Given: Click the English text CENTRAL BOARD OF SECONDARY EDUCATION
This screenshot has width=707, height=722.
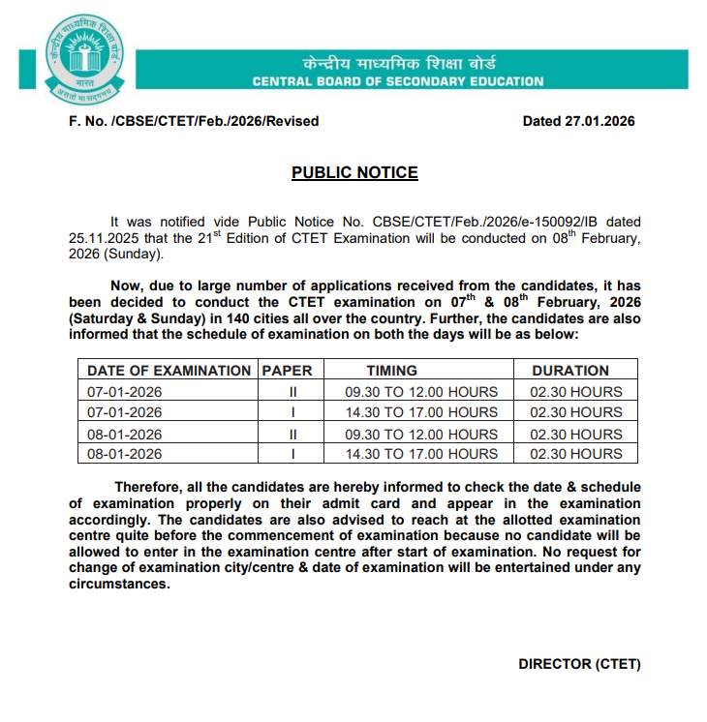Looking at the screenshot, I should click(x=397, y=81).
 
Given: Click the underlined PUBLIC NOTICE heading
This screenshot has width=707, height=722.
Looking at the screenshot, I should click(x=354, y=173).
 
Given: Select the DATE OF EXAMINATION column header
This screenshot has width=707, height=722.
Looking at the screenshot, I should click(x=169, y=370).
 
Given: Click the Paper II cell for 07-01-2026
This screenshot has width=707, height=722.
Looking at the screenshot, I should click(x=292, y=392).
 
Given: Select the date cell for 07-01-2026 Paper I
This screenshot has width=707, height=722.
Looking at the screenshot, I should click(x=124, y=412).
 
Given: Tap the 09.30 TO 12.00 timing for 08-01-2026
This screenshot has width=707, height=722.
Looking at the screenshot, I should click(x=421, y=434).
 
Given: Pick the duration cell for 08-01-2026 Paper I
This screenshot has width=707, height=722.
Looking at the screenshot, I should click(x=576, y=454).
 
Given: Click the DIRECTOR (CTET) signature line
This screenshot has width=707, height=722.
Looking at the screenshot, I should click(x=579, y=664).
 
